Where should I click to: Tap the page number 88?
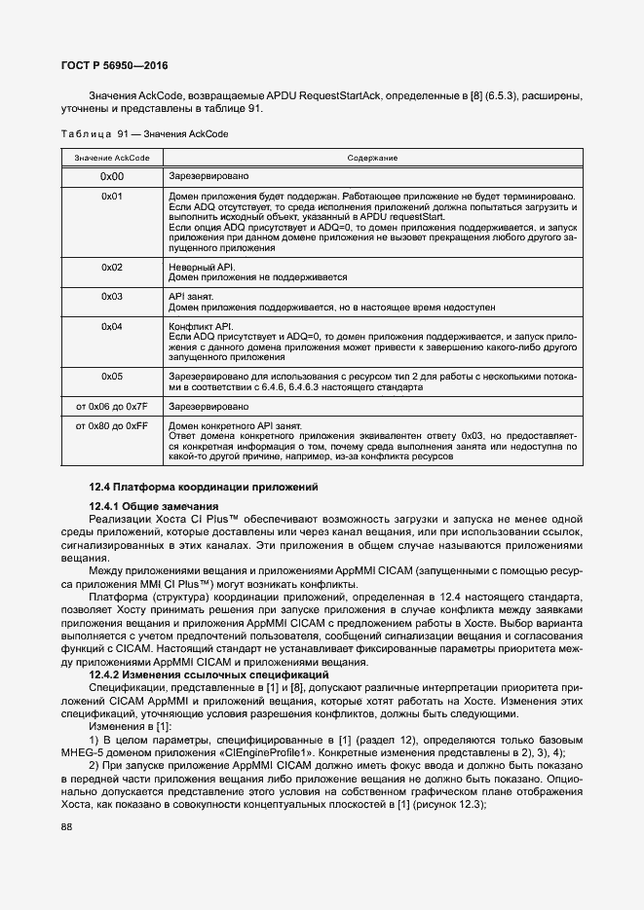(67, 827)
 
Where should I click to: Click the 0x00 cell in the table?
(111, 177)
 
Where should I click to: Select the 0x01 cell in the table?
(111, 197)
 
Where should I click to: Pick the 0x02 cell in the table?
(111, 267)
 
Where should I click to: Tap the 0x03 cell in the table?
(111, 295)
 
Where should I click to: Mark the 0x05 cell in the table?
(111, 376)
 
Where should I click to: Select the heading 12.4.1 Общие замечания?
(153, 506)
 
